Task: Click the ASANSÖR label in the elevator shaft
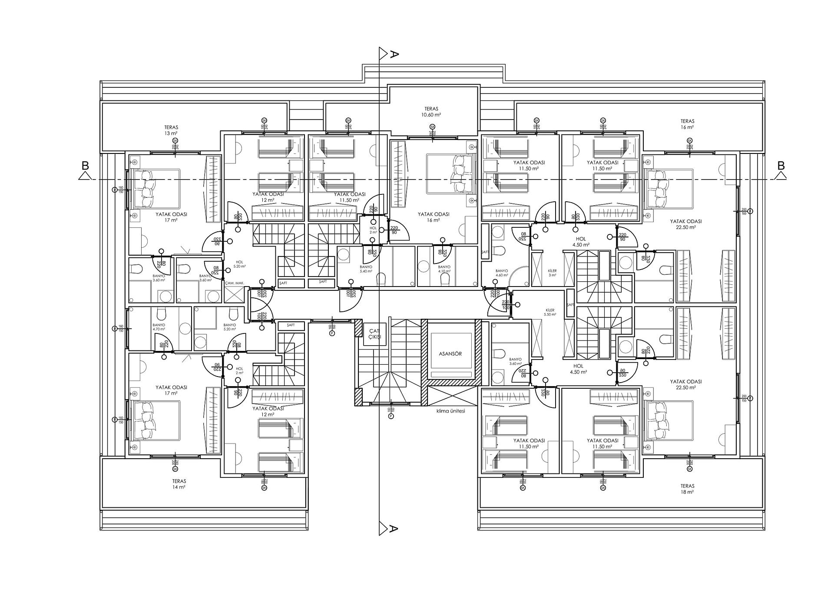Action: pyautogui.click(x=450, y=353)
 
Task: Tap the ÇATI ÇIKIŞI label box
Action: pyautogui.click(x=374, y=334)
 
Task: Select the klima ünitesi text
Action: pyautogui.click(x=450, y=410)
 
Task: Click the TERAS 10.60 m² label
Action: pyautogui.click(x=431, y=112)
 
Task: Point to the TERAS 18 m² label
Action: pyautogui.click(x=687, y=489)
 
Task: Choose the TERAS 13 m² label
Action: pyautogui.click(x=171, y=130)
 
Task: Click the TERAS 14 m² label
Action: pyautogui.click(x=179, y=484)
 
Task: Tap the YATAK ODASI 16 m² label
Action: pyautogui.click(x=433, y=217)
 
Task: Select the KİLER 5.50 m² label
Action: pyautogui.click(x=550, y=312)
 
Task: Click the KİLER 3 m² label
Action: pyautogui.click(x=552, y=273)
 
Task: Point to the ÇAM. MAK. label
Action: pyautogui.click(x=235, y=283)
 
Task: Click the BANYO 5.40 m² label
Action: pyautogui.click(x=366, y=269)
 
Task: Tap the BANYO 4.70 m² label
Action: pyautogui.click(x=159, y=327)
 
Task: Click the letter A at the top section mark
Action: pyautogui.click(x=394, y=54)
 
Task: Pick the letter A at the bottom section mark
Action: pyautogui.click(x=394, y=529)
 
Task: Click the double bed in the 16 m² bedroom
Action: pyautogui.click(x=450, y=173)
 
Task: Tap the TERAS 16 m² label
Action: pyautogui.click(x=687, y=124)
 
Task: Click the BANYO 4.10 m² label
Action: pyautogui.click(x=444, y=269)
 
